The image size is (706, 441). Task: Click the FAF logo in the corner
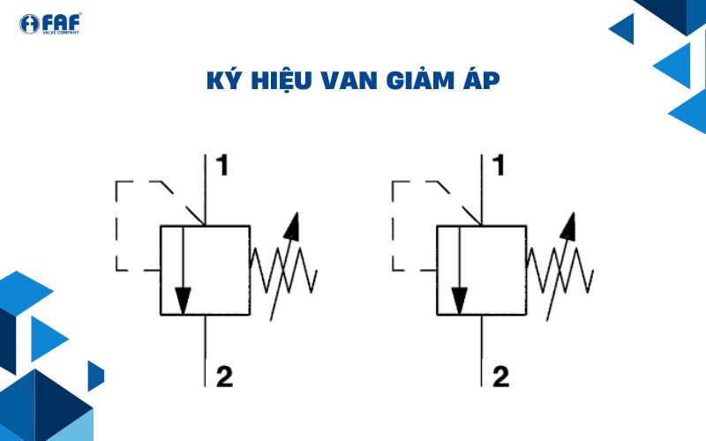[x=49, y=24]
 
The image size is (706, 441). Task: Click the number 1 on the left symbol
[x=223, y=165]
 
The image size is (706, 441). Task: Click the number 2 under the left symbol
[x=224, y=377]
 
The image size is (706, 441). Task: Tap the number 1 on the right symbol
[x=500, y=165]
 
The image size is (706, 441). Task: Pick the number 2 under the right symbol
[x=501, y=377]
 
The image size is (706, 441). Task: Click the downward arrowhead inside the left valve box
[x=183, y=300]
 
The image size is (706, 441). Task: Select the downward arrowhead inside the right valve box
[x=460, y=300]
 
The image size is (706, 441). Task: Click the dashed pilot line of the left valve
[x=117, y=225]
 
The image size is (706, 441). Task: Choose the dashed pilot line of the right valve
[x=394, y=225]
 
